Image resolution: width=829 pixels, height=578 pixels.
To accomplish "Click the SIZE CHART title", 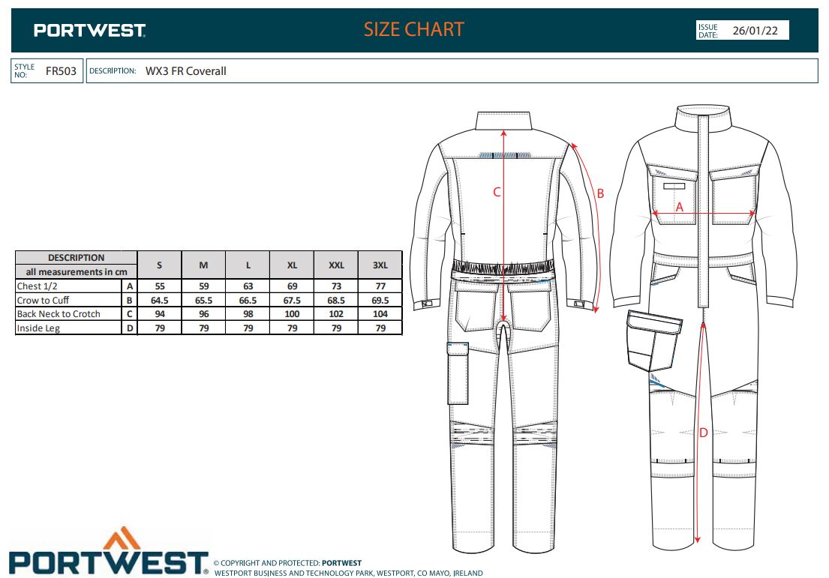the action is [x=413, y=29].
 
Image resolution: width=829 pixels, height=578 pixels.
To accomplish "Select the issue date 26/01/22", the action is [x=755, y=31].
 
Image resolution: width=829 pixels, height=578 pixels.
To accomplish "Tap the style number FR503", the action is [x=61, y=71].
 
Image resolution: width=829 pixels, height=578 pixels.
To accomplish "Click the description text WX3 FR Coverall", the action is [x=185, y=71].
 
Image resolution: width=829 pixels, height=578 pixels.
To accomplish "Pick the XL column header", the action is [x=292, y=265].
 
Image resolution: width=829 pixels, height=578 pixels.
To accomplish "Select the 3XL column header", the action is [x=380, y=265].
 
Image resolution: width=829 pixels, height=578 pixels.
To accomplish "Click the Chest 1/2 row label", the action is [x=37, y=286].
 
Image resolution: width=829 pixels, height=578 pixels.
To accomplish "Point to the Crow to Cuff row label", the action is [x=43, y=300].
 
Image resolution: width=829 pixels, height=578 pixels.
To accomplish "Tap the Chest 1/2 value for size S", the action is [x=160, y=286].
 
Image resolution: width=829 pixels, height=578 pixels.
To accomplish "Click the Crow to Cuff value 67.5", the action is [x=292, y=300].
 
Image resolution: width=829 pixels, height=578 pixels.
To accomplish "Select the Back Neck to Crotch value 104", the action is [x=380, y=314].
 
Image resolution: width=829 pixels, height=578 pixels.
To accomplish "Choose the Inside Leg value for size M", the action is [x=203, y=328].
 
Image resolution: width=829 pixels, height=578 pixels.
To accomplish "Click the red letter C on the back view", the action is [x=497, y=193].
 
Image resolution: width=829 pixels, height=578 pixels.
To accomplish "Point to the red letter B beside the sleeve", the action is [x=600, y=194].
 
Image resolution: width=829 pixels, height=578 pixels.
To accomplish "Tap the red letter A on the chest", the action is [x=680, y=207].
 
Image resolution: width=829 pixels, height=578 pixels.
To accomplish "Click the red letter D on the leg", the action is [x=703, y=433].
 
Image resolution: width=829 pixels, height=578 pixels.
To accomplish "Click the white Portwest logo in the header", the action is [x=89, y=31].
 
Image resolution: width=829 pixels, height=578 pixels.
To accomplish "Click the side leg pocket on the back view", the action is [x=458, y=373].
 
